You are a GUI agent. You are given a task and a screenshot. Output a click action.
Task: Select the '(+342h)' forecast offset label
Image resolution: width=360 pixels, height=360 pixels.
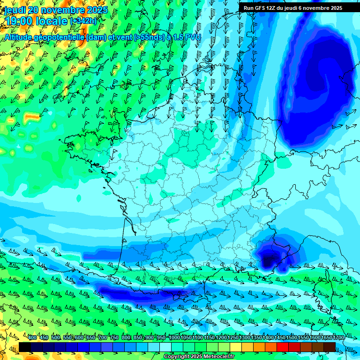(83, 21)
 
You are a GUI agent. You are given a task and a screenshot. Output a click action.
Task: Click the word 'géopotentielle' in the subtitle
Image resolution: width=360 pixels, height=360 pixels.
(59, 37)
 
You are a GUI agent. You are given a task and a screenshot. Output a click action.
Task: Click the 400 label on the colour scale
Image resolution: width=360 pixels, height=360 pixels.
(32, 337)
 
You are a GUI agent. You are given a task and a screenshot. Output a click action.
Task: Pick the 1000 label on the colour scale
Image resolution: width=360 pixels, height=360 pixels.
(174, 337)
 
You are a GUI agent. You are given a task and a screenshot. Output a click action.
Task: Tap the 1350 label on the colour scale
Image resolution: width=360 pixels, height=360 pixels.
(256, 337)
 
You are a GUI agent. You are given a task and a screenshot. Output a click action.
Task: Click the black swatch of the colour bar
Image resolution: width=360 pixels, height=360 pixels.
(25, 346)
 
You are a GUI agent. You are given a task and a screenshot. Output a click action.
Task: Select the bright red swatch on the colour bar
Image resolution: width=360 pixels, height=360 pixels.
(283, 346)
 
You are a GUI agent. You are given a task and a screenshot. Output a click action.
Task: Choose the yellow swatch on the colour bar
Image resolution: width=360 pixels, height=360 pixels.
(236, 346)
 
